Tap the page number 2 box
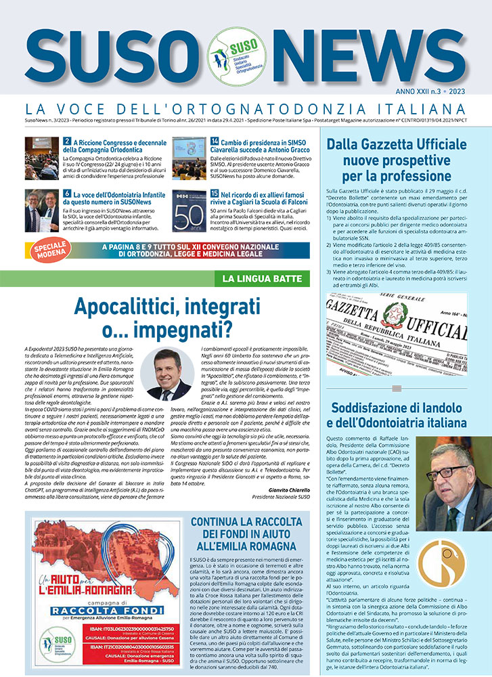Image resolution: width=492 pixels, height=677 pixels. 67,142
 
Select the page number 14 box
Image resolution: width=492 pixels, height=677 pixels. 215,142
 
